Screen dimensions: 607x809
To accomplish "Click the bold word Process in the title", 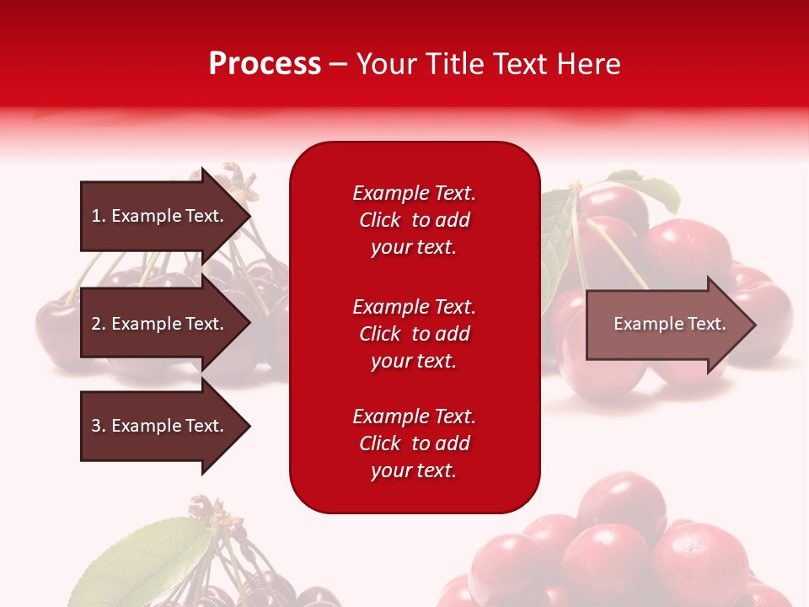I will pos(265,63).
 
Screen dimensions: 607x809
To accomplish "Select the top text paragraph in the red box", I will pos(414,220).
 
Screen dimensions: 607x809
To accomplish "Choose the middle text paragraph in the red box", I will pos(414,334).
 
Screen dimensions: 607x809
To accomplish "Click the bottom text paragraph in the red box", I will pos(414,443).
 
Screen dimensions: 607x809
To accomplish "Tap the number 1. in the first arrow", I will pos(98,216).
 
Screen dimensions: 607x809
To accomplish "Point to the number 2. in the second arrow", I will pos(98,324).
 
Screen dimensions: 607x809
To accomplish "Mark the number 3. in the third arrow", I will pos(98,426).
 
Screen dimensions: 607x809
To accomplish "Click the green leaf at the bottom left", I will pos(147,556).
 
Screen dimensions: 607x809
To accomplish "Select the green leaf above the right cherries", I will pos(649,190).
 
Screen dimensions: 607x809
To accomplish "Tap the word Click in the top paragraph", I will pos(380,220).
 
